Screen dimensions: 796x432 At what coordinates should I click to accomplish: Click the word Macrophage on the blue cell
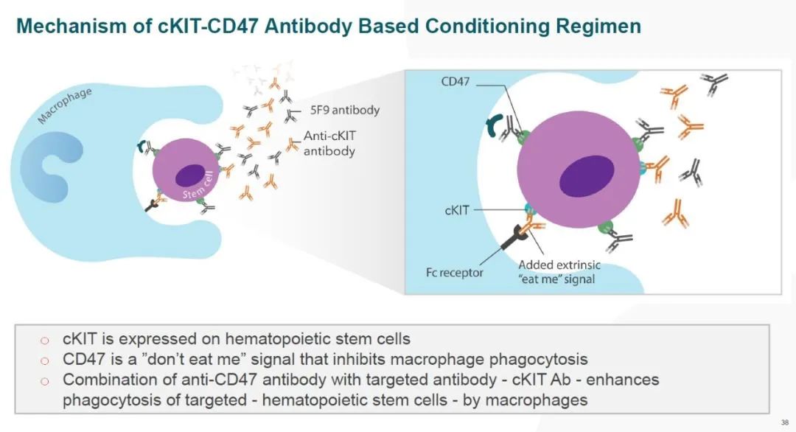point(64,105)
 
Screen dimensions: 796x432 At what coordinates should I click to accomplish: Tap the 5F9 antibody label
point(345,110)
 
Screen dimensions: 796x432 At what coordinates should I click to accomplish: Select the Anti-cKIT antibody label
point(329,143)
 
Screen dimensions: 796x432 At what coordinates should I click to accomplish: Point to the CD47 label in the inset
point(455,81)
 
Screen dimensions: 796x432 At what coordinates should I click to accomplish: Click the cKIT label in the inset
point(457,210)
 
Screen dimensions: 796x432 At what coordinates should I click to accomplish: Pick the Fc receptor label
point(454,273)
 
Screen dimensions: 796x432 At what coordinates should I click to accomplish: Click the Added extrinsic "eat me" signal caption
point(559,271)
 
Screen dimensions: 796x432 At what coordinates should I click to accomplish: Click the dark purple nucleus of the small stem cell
point(190,175)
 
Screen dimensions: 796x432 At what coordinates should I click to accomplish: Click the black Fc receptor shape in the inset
point(514,237)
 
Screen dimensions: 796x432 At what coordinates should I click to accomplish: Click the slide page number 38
point(785,422)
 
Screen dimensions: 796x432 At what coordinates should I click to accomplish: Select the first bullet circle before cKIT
point(45,340)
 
